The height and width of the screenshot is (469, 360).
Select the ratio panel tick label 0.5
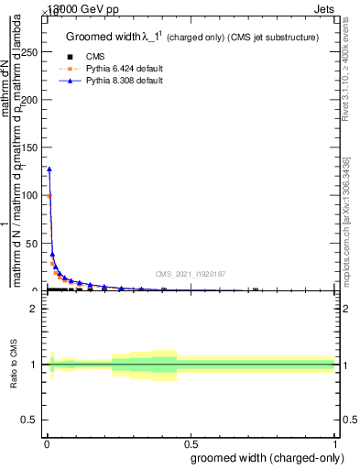(x=30, y=419)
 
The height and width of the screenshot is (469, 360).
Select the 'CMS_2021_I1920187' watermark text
(x=190, y=274)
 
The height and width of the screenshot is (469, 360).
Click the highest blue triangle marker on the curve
(x=49, y=169)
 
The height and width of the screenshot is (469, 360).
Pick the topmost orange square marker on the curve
(x=49, y=196)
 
